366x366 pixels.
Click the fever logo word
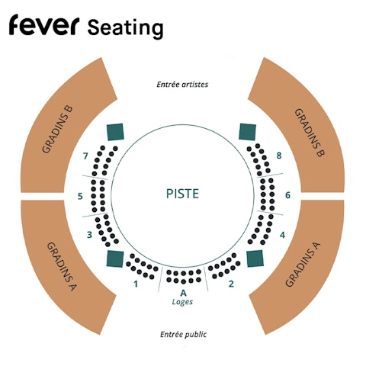[x=44, y=24]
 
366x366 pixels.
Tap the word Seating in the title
[x=125, y=28]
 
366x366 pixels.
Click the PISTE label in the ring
[x=182, y=194]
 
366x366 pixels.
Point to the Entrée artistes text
[x=182, y=84]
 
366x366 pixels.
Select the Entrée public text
[x=183, y=334]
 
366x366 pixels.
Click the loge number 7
[x=85, y=156]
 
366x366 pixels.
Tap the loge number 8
[x=279, y=156]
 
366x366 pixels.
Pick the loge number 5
[x=80, y=196]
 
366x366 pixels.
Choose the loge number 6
[x=287, y=195]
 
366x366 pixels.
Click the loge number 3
[x=89, y=235]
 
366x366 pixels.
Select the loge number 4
[x=282, y=235]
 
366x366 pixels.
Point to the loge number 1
[x=136, y=284]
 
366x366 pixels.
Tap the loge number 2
[x=231, y=284]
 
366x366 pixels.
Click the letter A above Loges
[x=183, y=293]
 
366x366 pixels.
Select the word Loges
[x=182, y=302]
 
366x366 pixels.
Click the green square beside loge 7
[x=115, y=132]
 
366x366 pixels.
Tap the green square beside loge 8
[x=247, y=132]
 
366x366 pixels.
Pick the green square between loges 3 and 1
[x=115, y=258]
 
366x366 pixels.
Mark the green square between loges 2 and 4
[x=255, y=258]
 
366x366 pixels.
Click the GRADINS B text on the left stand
[x=57, y=130]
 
